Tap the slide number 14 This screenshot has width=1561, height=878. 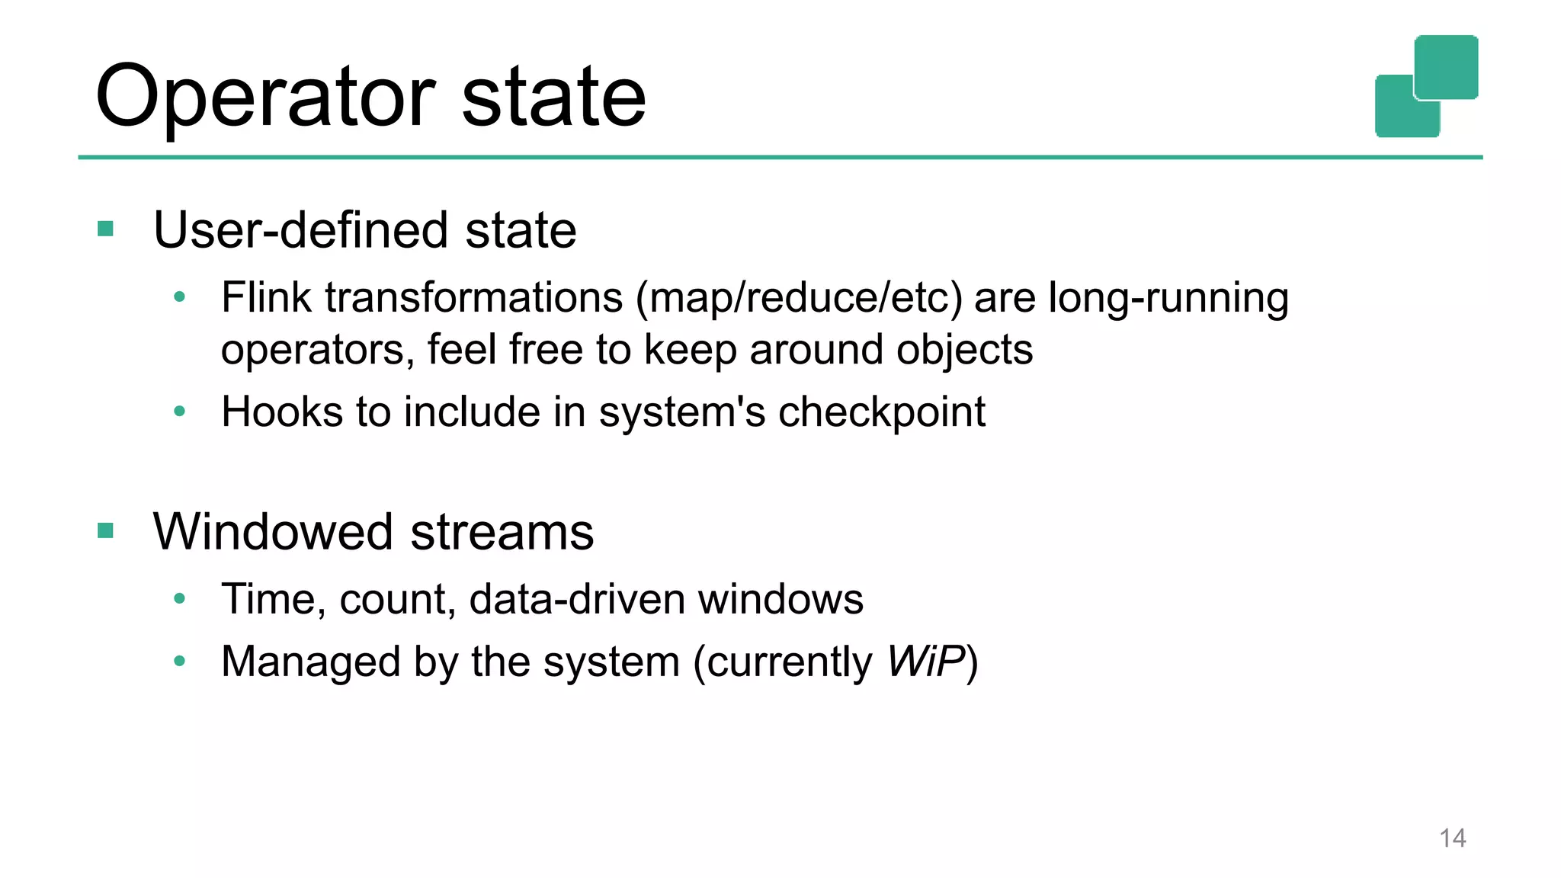[x=1452, y=838]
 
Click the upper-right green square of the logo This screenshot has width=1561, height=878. [x=1446, y=66]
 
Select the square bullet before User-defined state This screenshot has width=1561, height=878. [x=106, y=229]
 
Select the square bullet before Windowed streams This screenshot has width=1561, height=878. [x=106, y=530]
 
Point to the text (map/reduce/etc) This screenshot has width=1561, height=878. [x=799, y=298]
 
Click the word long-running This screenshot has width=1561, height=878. [x=1168, y=298]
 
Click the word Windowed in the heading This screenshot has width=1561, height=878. [x=273, y=531]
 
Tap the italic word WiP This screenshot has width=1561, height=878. [x=925, y=661]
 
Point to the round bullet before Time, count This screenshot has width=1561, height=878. [x=180, y=599]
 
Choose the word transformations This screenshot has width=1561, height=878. [x=474, y=297]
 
